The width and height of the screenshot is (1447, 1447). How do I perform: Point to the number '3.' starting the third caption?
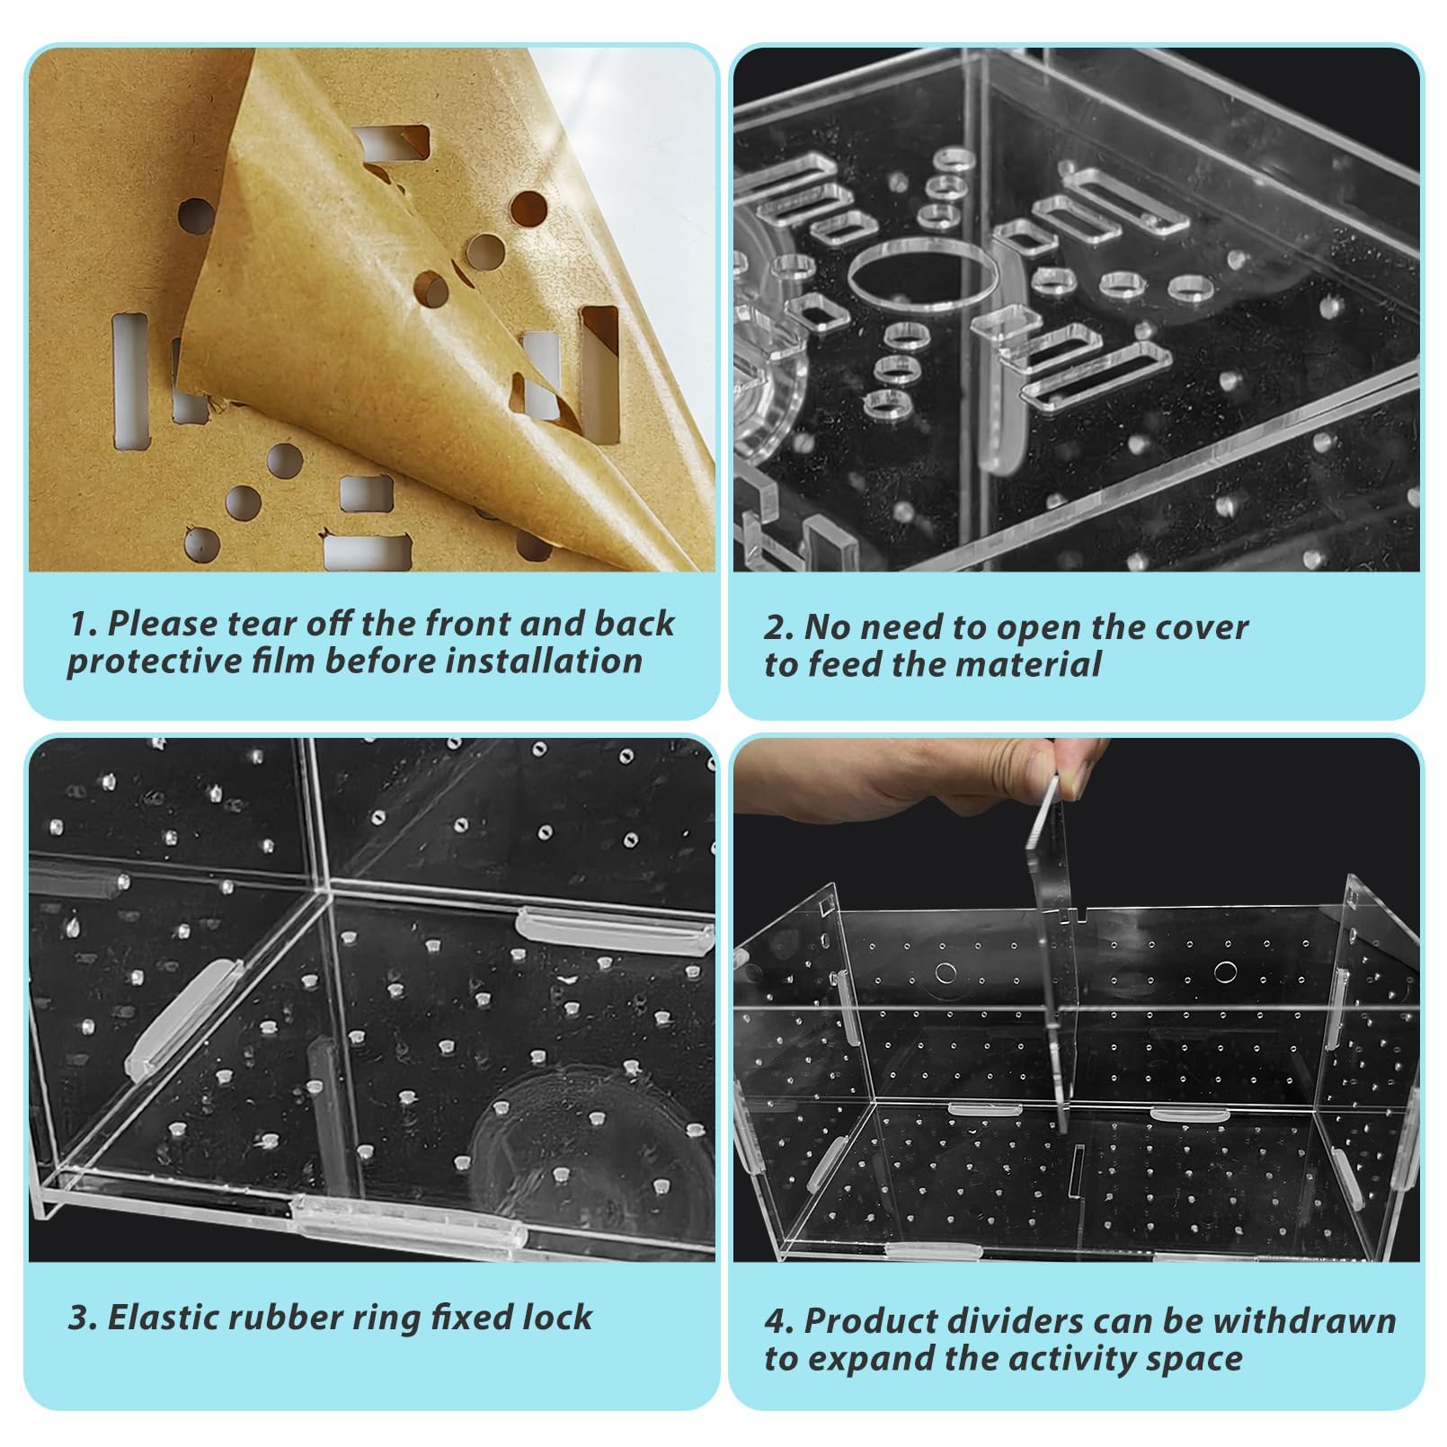tap(82, 1318)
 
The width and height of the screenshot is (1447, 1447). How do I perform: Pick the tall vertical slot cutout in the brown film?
tap(130, 379)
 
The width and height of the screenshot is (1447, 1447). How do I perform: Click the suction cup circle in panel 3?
tap(575, 1150)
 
